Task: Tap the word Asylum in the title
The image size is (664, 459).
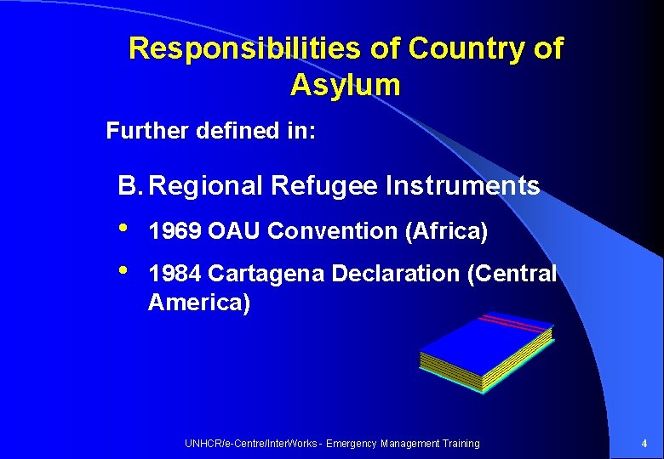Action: (x=345, y=85)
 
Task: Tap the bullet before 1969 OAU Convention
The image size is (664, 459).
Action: (x=125, y=229)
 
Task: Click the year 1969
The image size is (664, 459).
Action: (x=175, y=231)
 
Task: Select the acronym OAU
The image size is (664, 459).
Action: (x=235, y=231)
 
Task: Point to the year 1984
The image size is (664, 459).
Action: (x=175, y=274)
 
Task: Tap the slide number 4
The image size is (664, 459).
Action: (x=644, y=444)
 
